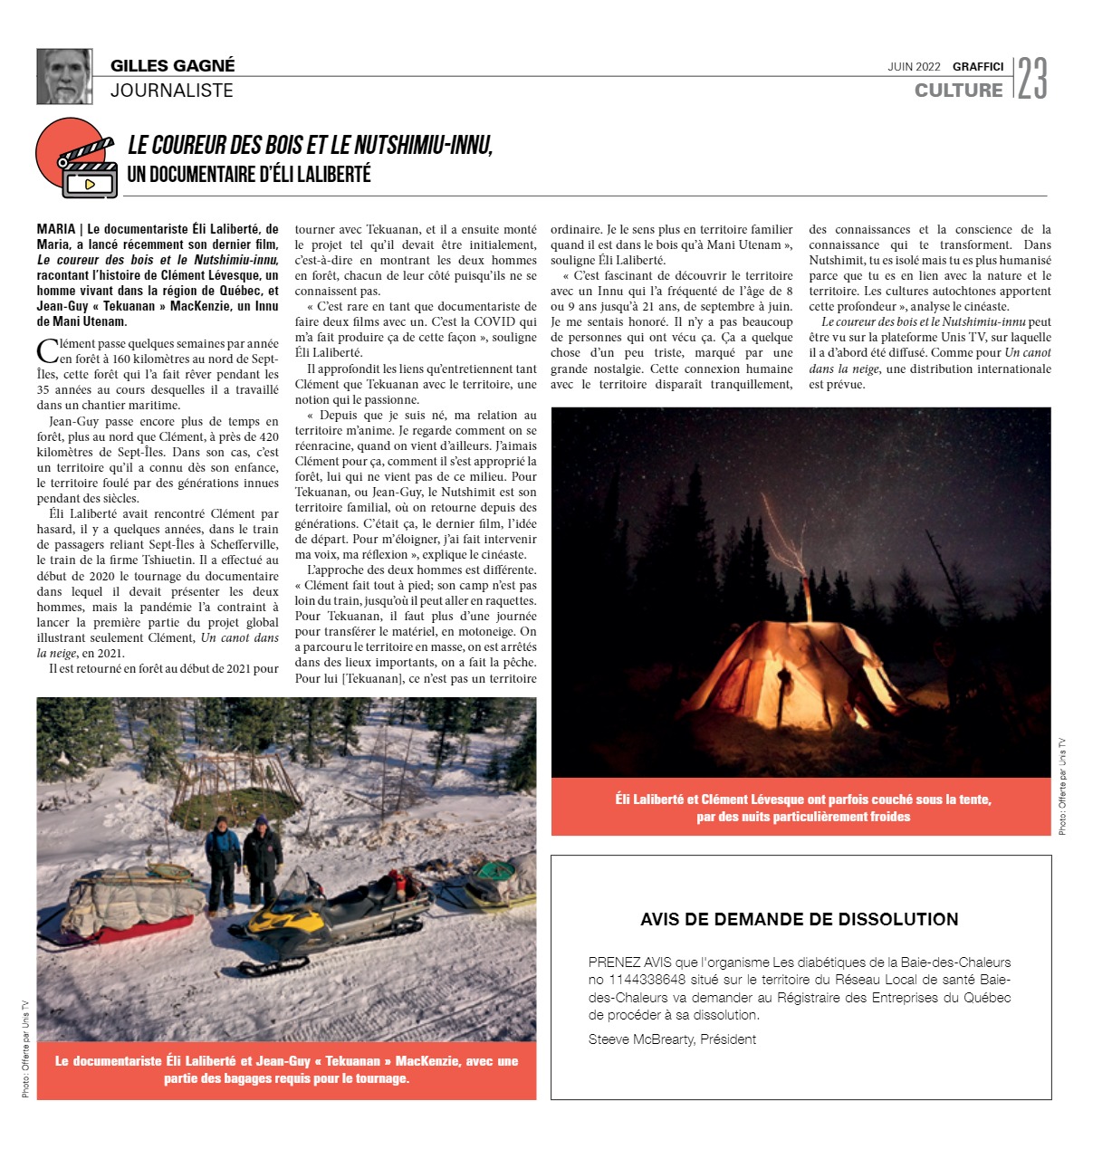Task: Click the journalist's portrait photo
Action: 64,76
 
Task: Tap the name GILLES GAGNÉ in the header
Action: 172,65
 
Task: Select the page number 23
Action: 1031,79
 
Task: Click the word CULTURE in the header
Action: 958,91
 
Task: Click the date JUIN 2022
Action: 914,67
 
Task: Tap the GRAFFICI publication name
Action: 978,67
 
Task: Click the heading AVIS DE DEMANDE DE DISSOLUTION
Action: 799,919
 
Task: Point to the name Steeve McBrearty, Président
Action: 672,1039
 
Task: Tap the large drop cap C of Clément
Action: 46,351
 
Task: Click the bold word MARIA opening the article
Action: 55,229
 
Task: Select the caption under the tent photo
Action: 802,808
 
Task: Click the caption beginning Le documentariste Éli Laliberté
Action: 286,1069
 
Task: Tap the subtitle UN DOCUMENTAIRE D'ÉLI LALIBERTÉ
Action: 249,175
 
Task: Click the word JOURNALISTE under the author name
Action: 172,91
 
